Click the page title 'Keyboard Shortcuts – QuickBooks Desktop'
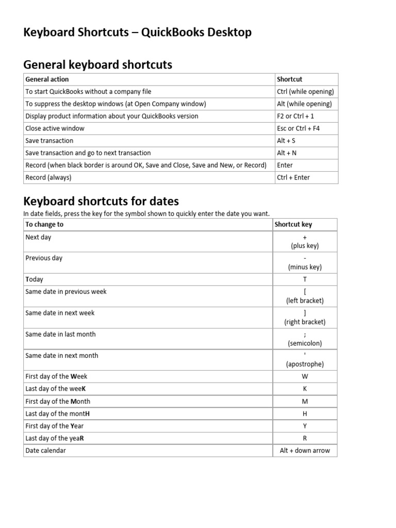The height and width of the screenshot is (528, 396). coord(138,32)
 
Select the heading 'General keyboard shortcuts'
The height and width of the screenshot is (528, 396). coord(98,64)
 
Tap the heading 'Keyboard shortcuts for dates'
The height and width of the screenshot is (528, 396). coord(101,201)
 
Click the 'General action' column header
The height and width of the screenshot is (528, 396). coord(47,79)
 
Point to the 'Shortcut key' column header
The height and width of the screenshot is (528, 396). coord(293,225)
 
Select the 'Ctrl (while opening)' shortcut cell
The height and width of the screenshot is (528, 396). coord(305,92)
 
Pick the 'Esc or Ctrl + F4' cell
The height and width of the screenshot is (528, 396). coord(298,128)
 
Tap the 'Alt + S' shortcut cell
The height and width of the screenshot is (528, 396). coord(286,141)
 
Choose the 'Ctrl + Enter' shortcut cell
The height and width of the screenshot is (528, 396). coord(293,177)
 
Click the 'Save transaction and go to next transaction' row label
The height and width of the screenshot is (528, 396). coord(88,153)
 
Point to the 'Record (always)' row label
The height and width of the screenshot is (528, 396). coord(48,177)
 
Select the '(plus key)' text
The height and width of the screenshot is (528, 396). coord(305,246)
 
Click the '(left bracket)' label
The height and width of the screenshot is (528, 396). coord(305,301)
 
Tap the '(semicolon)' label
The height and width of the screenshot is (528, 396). coord(305,343)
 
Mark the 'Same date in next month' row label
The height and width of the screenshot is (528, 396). coord(62,356)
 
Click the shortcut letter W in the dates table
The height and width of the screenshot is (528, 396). coord(305,376)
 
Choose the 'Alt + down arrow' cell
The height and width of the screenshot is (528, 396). coord(305,451)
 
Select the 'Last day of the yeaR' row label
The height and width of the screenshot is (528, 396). coord(55,438)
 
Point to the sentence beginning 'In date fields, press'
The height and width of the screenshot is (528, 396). coord(146,213)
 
